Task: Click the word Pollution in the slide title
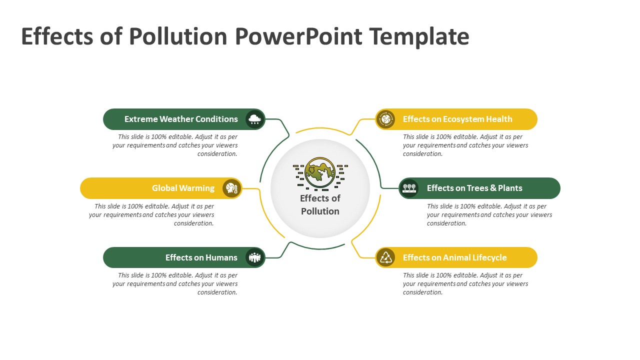(178, 36)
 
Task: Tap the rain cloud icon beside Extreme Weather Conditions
(255, 119)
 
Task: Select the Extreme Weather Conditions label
(181, 119)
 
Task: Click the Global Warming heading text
(183, 188)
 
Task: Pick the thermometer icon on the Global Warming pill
(231, 188)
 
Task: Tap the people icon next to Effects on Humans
(255, 257)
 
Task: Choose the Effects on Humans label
(201, 257)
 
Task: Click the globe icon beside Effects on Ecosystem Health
(385, 119)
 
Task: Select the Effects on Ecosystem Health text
(457, 119)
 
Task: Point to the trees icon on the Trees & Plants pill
(409, 188)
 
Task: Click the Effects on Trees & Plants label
(474, 188)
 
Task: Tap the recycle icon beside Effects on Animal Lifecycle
(385, 257)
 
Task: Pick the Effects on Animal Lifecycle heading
(454, 257)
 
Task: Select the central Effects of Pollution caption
(320, 204)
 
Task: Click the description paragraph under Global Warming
(152, 214)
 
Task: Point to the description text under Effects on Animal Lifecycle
(465, 283)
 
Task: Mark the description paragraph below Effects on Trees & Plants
(489, 214)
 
